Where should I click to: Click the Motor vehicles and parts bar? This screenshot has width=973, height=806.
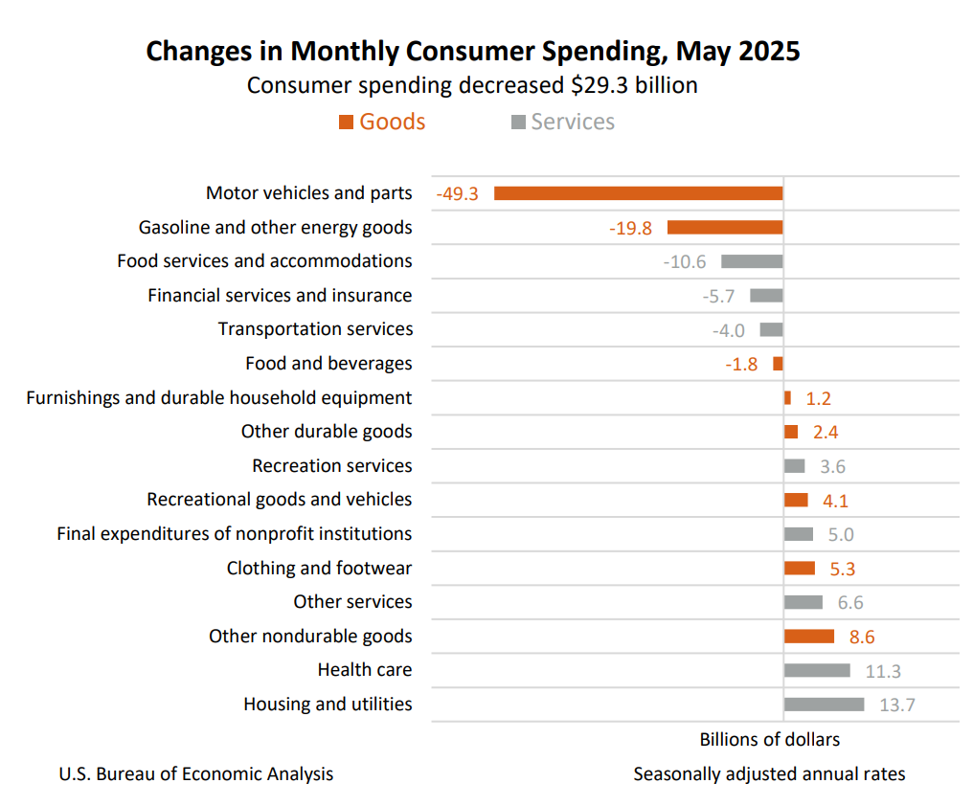click(x=638, y=193)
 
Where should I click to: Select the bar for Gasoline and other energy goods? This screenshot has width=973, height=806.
click(x=725, y=228)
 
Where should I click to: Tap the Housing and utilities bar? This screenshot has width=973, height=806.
click(x=824, y=705)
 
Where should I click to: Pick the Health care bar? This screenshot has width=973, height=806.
click(x=817, y=670)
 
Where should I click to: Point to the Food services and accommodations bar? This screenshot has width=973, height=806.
click(x=752, y=261)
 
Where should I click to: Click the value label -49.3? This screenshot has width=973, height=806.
click(x=458, y=194)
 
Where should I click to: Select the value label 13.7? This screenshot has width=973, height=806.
click(x=897, y=705)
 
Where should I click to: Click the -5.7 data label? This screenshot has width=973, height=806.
click(x=718, y=297)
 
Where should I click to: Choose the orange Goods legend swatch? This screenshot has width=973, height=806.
click(x=346, y=123)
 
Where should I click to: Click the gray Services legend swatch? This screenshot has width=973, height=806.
click(x=518, y=123)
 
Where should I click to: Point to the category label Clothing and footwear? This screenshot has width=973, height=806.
click(x=319, y=569)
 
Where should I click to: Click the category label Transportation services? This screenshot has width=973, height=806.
click(x=315, y=329)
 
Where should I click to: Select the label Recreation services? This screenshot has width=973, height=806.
click(x=332, y=466)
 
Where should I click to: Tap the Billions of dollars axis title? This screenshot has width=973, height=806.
click(x=769, y=740)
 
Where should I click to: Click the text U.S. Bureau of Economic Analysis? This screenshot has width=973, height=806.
click(x=196, y=773)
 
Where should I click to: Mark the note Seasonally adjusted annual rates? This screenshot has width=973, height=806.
click(x=769, y=773)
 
